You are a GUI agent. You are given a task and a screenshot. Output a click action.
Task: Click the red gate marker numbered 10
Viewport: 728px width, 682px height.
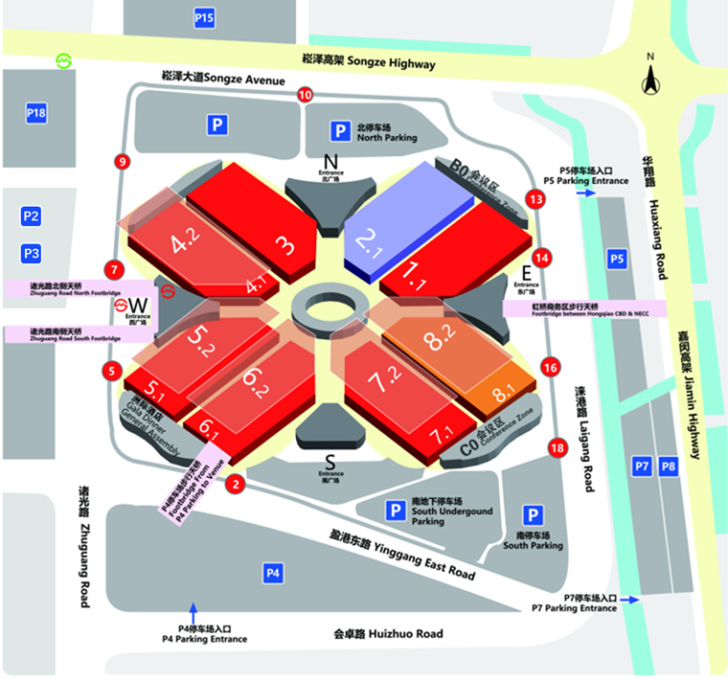305,94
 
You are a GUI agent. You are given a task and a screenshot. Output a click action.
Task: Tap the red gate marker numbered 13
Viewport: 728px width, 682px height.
535,199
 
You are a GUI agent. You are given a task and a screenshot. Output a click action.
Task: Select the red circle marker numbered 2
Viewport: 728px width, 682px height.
233,485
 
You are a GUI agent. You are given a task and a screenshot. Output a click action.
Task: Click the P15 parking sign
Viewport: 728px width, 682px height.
204,17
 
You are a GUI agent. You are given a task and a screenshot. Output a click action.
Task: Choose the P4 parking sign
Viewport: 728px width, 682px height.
274,573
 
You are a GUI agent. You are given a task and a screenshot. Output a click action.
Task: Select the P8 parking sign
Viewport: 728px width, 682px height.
669,466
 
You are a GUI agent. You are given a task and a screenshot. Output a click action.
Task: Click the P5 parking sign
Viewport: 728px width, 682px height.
618,258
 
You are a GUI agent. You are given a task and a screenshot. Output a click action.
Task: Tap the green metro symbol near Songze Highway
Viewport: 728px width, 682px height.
64,61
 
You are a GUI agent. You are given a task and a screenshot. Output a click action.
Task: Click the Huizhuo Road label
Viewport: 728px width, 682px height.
388,633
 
